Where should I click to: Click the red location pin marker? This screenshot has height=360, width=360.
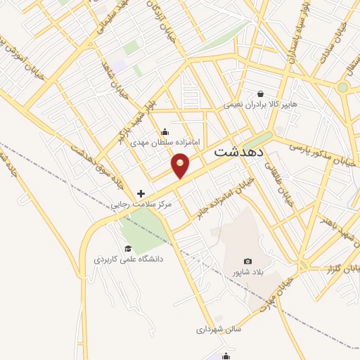[181, 165]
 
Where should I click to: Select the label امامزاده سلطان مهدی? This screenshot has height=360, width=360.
[166, 142]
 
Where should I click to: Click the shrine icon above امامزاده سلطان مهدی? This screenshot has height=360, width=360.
[165, 131]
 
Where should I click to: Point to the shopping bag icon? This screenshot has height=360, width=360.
[261, 94]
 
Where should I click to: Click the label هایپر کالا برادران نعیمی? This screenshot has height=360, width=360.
[260, 105]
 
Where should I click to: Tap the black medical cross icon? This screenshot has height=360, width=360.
[141, 193]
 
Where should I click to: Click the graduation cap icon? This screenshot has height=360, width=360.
[128, 248]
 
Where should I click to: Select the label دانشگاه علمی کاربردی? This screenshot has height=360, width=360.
[129, 259]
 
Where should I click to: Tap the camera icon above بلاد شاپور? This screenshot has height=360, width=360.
[247, 262]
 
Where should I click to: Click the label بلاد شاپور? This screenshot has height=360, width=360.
[247, 272]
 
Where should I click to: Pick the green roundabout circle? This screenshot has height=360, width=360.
[342, 87]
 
